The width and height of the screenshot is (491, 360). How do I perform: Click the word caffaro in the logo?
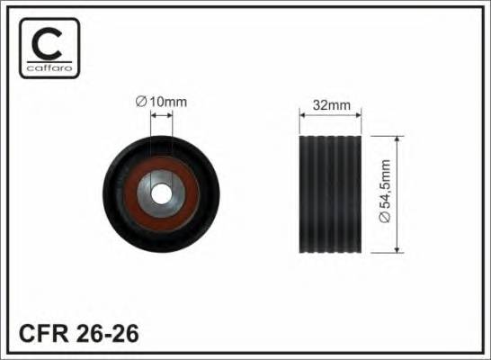click(49, 68)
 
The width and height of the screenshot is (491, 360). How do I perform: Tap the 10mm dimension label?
click(168, 102)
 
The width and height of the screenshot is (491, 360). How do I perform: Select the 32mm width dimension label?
click(332, 105)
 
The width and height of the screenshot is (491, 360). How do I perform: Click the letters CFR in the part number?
click(43, 333)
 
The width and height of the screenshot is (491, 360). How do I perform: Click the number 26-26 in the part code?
click(107, 333)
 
